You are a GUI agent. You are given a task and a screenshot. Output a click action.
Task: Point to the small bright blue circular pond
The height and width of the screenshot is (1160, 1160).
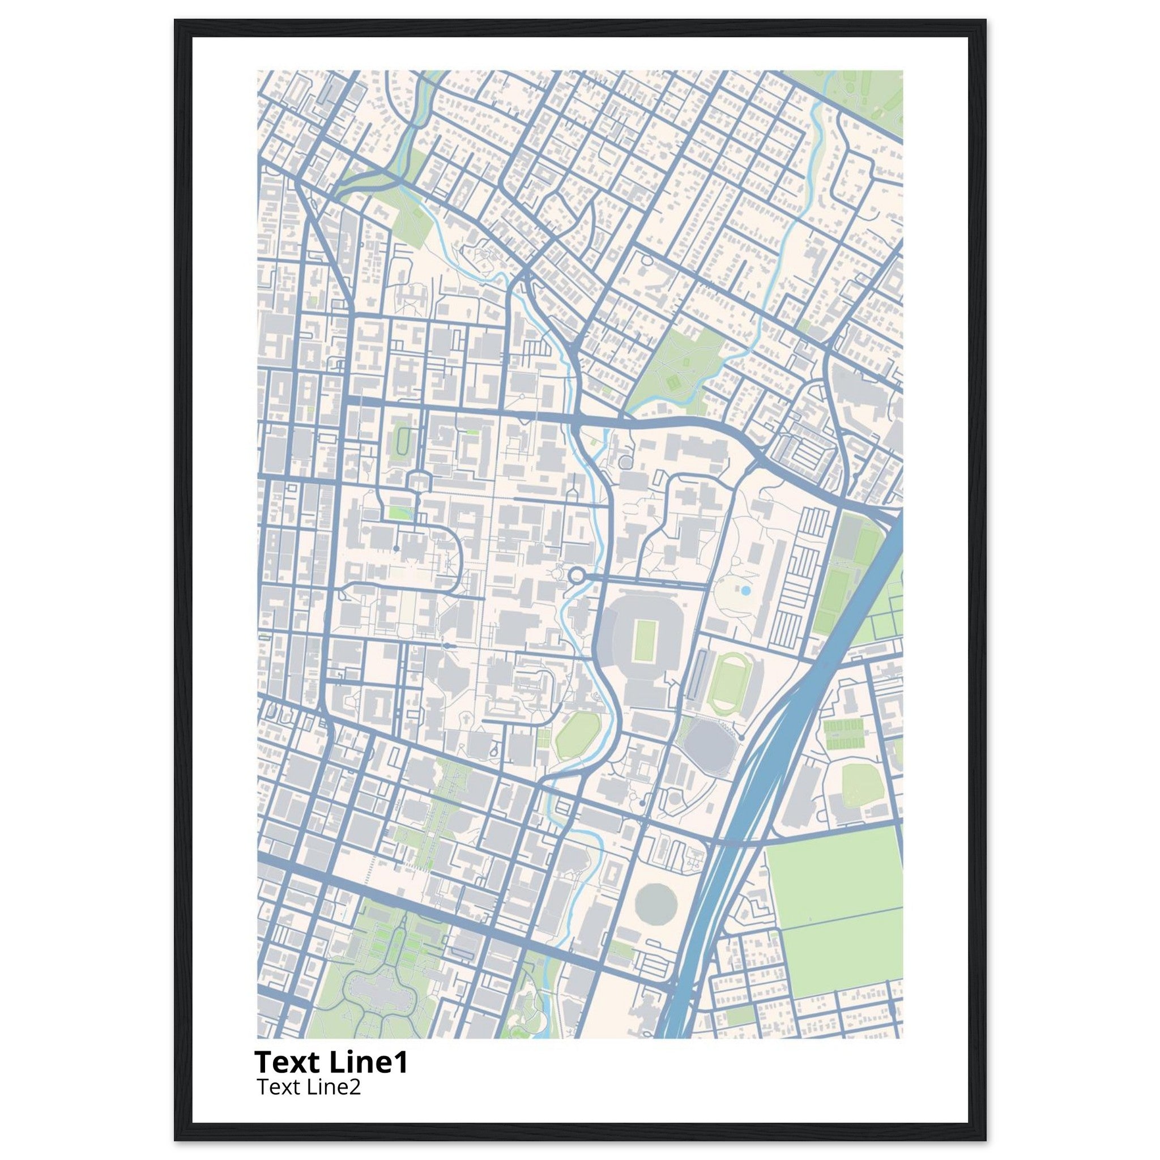pos(745,591)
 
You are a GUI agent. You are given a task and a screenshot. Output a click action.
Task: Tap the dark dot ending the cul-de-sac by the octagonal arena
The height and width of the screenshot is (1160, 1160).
pos(742,737)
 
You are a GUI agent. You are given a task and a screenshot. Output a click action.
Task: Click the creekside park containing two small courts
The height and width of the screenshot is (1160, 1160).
pos(676,372)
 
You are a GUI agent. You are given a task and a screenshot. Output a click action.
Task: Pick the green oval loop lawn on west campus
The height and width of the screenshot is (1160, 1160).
pos(400,444)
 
